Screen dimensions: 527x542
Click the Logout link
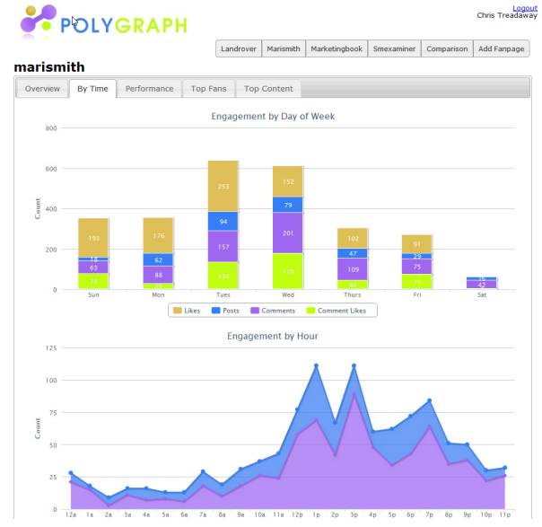[x=524, y=8]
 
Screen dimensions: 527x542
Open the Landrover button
[x=238, y=49]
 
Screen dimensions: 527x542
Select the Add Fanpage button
[x=501, y=49]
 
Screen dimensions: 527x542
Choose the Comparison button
[x=447, y=49]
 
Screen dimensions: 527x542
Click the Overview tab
[x=42, y=89]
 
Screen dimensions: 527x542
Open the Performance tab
[x=149, y=89]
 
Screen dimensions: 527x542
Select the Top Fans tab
[x=209, y=89]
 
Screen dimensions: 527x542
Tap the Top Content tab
[x=268, y=89]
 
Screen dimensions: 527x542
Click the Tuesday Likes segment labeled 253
[x=223, y=186]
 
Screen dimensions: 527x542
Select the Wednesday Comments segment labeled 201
[x=288, y=233]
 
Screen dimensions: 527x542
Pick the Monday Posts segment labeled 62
[x=158, y=259]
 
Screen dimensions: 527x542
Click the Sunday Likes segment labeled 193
[x=93, y=238]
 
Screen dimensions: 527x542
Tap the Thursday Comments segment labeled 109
[x=353, y=269]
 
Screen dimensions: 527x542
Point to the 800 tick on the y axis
[x=51, y=128]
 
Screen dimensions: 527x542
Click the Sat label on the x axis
[x=482, y=294]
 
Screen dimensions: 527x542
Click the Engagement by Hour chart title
[x=272, y=337]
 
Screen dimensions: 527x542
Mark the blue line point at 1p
[x=316, y=366]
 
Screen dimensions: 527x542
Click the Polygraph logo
[x=103, y=23]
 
